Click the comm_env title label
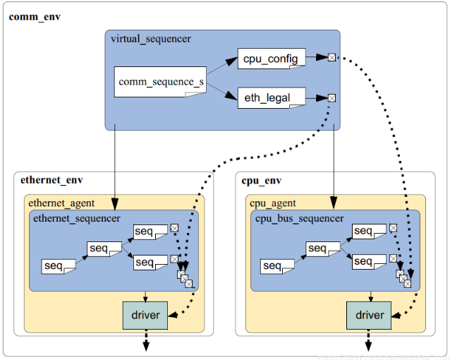(35, 16)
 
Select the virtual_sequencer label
(150, 39)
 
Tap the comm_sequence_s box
(162, 83)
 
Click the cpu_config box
(272, 58)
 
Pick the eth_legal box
(272, 97)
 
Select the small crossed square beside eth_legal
(331, 97)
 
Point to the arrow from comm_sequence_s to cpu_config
(221, 68)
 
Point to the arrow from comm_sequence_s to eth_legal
(221, 91)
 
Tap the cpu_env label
(262, 180)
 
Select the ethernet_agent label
(61, 203)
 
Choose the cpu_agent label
(273, 203)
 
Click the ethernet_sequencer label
(77, 219)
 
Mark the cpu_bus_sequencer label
(300, 219)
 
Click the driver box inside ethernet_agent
(145, 315)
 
